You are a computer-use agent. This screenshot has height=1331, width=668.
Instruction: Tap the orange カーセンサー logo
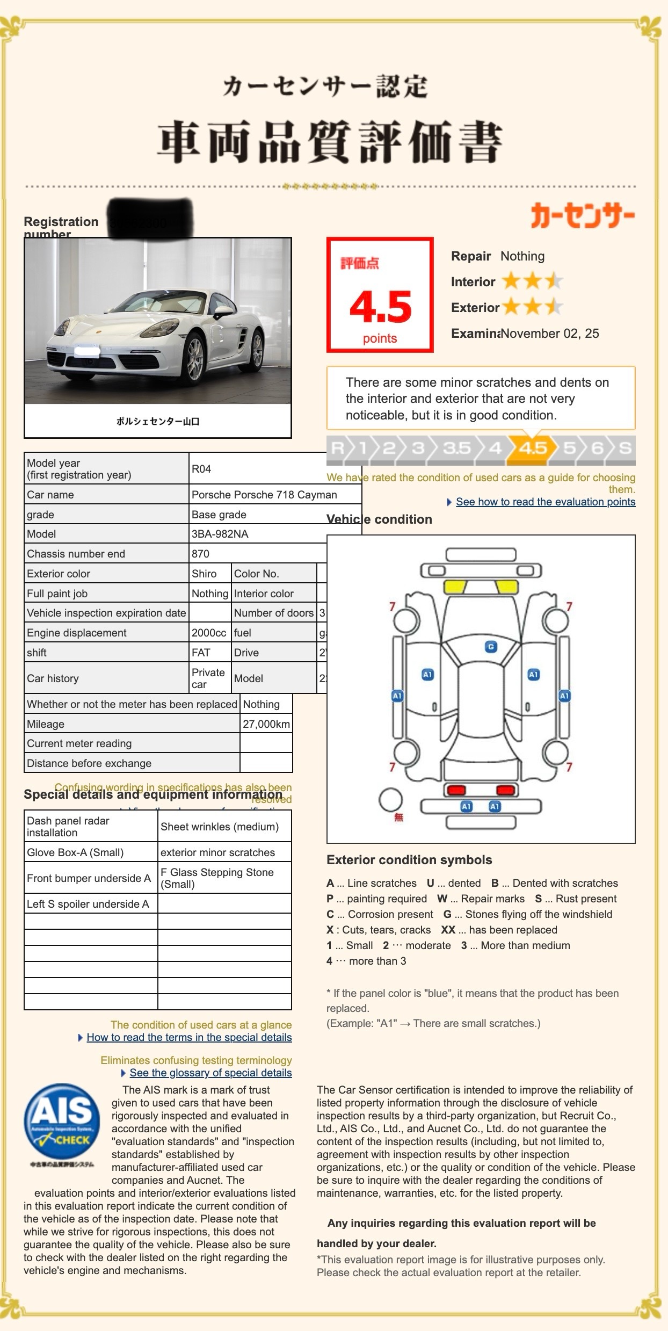pyautogui.click(x=583, y=215)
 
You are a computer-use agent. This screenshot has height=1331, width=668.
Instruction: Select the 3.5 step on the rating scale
pyautogui.click(x=456, y=448)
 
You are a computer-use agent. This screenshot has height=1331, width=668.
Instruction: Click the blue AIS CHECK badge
pyautogui.click(x=62, y=1120)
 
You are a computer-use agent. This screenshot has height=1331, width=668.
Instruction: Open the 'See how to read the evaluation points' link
pyautogui.click(x=545, y=502)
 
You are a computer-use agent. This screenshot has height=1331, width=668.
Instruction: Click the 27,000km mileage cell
pyautogui.click(x=266, y=724)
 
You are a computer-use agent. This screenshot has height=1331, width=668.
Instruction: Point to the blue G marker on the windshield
pyautogui.click(x=490, y=647)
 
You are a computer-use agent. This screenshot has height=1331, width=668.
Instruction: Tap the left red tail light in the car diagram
pyautogui.click(x=456, y=790)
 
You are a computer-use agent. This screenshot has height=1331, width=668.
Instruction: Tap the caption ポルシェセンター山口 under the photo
pyautogui.click(x=158, y=422)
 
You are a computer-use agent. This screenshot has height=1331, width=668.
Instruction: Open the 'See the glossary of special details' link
pyautogui.click(x=210, y=1073)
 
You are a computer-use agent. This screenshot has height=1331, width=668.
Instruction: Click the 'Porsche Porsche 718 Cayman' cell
pyautogui.click(x=264, y=495)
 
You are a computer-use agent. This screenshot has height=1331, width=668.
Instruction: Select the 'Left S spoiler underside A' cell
pyautogui.click(x=88, y=904)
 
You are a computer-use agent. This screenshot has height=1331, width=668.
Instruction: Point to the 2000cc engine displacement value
pyautogui.click(x=209, y=633)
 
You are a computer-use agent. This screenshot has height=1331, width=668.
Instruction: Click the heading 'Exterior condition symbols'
pyautogui.click(x=409, y=860)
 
